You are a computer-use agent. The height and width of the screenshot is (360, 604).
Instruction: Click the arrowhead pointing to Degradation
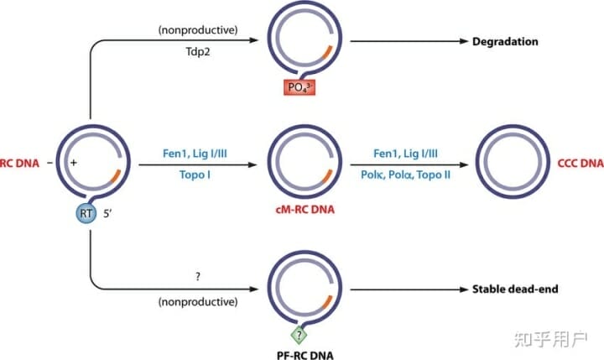point(462,41)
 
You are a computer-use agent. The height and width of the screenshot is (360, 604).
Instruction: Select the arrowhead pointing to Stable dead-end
point(462,290)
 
